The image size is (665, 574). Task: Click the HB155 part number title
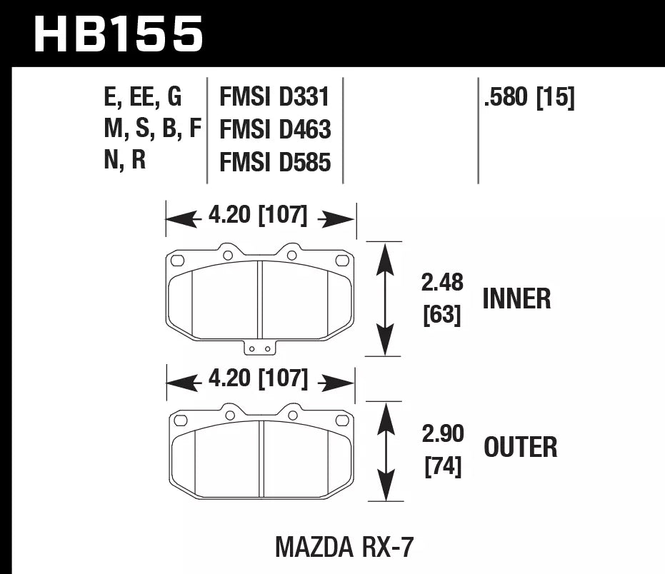point(119,34)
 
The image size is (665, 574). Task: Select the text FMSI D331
point(275,96)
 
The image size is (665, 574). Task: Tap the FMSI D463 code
point(275,129)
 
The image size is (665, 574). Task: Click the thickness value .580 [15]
point(529,96)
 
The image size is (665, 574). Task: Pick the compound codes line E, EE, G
point(143,96)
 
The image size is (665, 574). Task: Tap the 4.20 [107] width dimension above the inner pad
point(258,216)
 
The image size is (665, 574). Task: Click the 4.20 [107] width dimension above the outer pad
point(258,379)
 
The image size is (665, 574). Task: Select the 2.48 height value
point(442,283)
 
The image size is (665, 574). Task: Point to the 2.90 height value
point(442,433)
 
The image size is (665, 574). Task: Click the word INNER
point(516,298)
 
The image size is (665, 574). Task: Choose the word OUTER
point(520,448)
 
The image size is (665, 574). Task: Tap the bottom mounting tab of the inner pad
point(260,347)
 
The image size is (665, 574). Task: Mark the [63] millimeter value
point(442,314)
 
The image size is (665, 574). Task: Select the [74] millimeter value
point(442,466)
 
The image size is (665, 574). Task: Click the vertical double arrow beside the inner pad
point(385,298)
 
